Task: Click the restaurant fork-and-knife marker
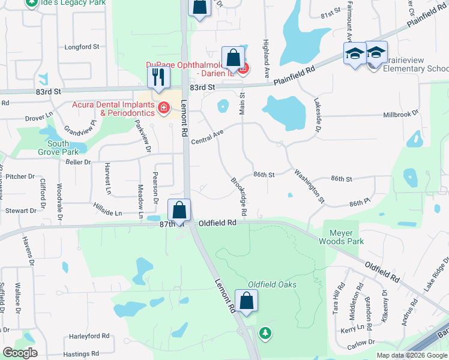(x=158, y=77)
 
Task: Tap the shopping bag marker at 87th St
(x=179, y=210)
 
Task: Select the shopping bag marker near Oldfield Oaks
(x=246, y=301)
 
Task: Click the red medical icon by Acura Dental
(x=163, y=108)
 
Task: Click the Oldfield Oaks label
(x=273, y=284)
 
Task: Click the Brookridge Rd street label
(x=238, y=196)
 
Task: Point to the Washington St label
(x=309, y=185)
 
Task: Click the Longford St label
(x=82, y=46)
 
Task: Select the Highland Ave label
(x=264, y=58)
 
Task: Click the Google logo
(x=20, y=352)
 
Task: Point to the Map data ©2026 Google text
(x=411, y=355)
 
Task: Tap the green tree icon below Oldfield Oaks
(x=265, y=332)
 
